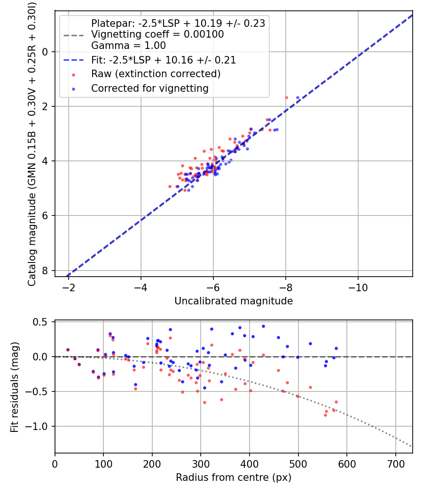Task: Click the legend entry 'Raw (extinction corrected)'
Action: (156, 74)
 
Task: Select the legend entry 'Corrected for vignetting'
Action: (149, 88)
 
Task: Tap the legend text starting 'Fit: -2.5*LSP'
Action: (164, 60)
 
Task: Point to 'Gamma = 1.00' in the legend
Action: (128, 46)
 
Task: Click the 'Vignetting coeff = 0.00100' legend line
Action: (157, 34)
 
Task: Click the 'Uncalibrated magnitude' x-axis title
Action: (234, 301)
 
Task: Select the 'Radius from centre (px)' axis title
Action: (234, 478)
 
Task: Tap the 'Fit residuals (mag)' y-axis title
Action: (14, 387)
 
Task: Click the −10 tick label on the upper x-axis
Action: (358, 287)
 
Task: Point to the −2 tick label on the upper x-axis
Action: (69, 287)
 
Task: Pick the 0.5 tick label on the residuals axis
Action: (42, 322)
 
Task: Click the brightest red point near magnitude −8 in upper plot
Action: (286, 97)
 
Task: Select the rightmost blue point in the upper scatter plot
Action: (298, 98)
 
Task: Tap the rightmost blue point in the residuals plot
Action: (336, 349)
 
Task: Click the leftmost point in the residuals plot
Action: (68, 350)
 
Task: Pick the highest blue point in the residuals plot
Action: (263, 326)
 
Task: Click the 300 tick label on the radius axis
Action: (201, 464)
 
